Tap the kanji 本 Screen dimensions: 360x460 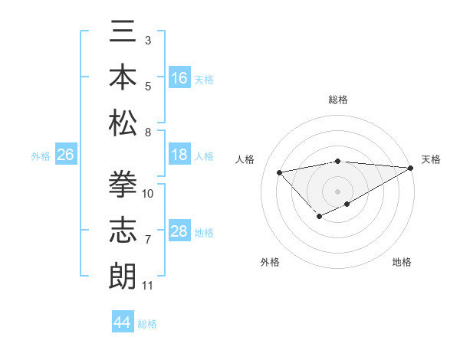pos(123,78)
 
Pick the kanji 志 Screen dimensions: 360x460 pos(123,231)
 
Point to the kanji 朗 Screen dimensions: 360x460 pos(123,275)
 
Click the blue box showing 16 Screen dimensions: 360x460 pos(179,78)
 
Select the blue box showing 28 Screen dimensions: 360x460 pos(179,231)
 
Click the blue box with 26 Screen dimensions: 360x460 pos(65,155)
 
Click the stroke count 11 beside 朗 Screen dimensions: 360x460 pos(147,286)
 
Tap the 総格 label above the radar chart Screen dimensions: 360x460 pos(337,100)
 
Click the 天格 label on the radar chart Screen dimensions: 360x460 pos(431,159)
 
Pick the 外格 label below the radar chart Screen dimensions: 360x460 pos(270,262)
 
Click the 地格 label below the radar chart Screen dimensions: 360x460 pos(402,262)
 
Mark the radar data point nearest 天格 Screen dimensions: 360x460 pos(410,168)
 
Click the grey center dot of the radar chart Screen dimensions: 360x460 pos(337,191)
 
